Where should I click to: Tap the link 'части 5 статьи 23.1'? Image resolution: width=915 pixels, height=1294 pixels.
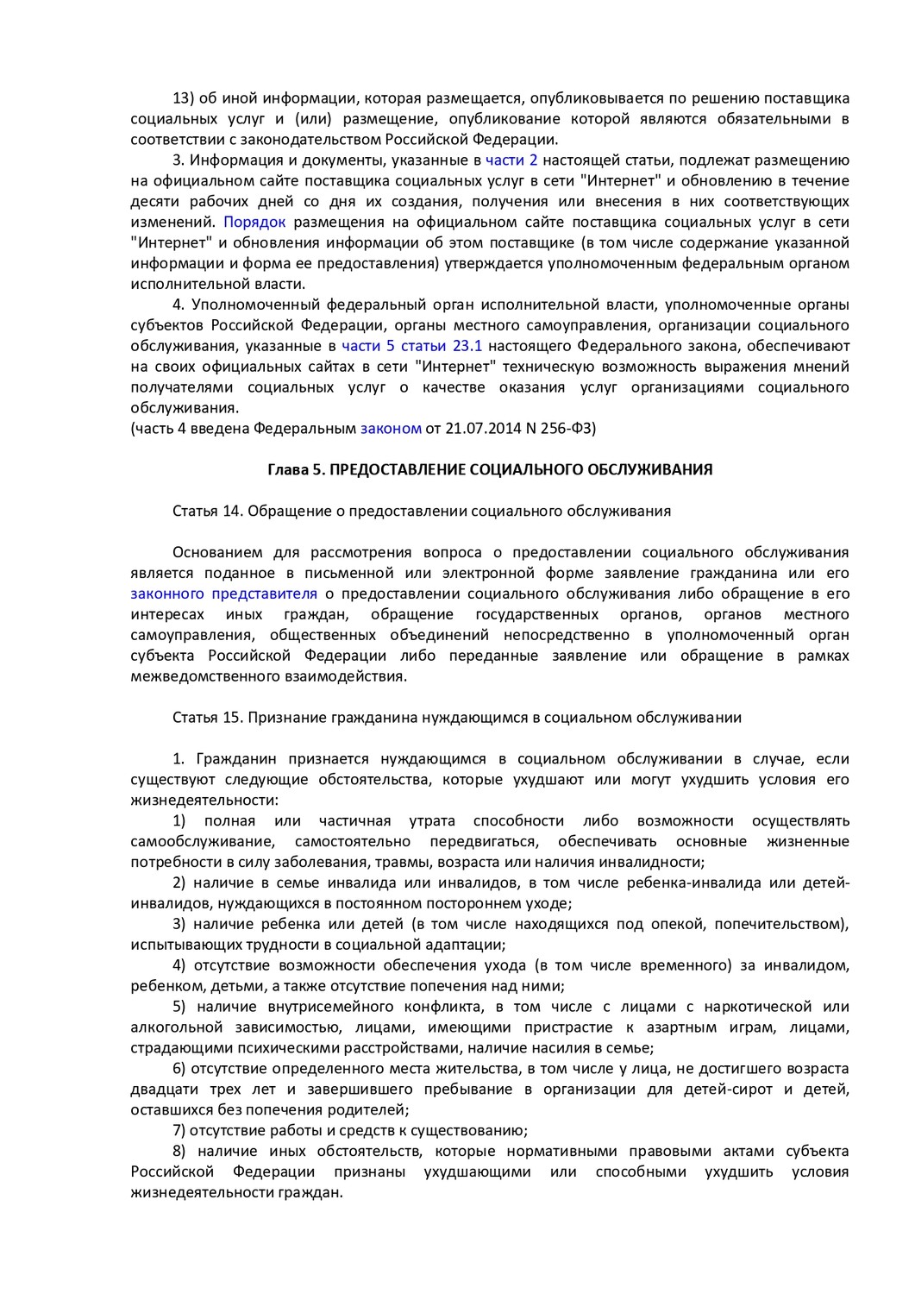(x=412, y=346)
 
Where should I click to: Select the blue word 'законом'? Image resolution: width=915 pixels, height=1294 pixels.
(x=391, y=428)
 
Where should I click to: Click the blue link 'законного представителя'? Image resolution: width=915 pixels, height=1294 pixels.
(x=224, y=594)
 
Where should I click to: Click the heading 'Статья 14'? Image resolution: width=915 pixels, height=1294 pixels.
(x=207, y=511)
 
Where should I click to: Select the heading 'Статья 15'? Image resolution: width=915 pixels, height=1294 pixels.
(x=207, y=717)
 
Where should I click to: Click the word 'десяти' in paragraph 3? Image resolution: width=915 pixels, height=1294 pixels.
(x=155, y=201)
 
